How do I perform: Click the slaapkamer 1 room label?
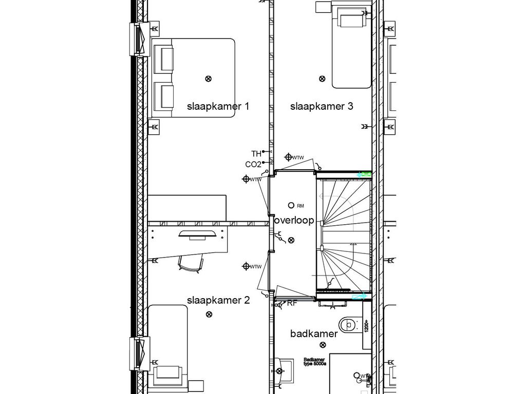click(218, 107)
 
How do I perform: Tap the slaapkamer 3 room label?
click(322, 107)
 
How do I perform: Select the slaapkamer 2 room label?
click(218, 300)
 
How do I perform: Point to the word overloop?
click(294, 220)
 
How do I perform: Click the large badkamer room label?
click(314, 334)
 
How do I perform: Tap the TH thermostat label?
click(256, 154)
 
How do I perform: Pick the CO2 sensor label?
click(253, 165)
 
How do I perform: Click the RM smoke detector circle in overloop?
click(291, 205)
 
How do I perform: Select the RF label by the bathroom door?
click(292, 303)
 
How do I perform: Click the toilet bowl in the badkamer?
click(349, 324)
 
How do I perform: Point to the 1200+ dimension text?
click(367, 325)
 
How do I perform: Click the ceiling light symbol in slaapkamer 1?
click(208, 78)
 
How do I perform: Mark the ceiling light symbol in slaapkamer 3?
click(322, 78)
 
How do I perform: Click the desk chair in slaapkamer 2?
click(190, 263)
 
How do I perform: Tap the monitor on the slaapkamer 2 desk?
click(197, 234)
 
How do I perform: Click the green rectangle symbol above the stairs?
click(366, 174)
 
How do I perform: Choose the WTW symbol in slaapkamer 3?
click(289, 157)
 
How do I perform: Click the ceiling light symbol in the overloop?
click(291, 240)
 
